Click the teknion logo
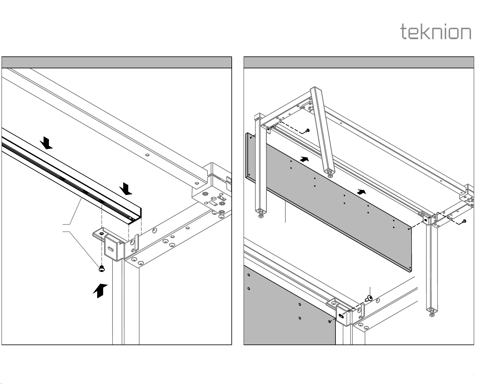[436, 32]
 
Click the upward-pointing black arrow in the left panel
[100, 290]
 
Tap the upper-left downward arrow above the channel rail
[47, 143]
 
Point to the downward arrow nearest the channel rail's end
[126, 189]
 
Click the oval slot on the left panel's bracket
[111, 249]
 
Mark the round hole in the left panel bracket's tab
[101, 233]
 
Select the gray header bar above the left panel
[117, 62]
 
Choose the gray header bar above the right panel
[359, 62]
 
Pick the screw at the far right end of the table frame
[464, 221]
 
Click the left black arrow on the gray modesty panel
[304, 159]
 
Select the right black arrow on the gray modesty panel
[362, 192]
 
